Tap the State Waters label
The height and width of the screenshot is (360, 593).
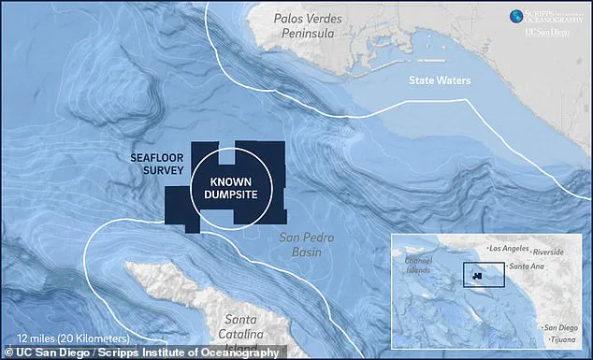click(x=440, y=81)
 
